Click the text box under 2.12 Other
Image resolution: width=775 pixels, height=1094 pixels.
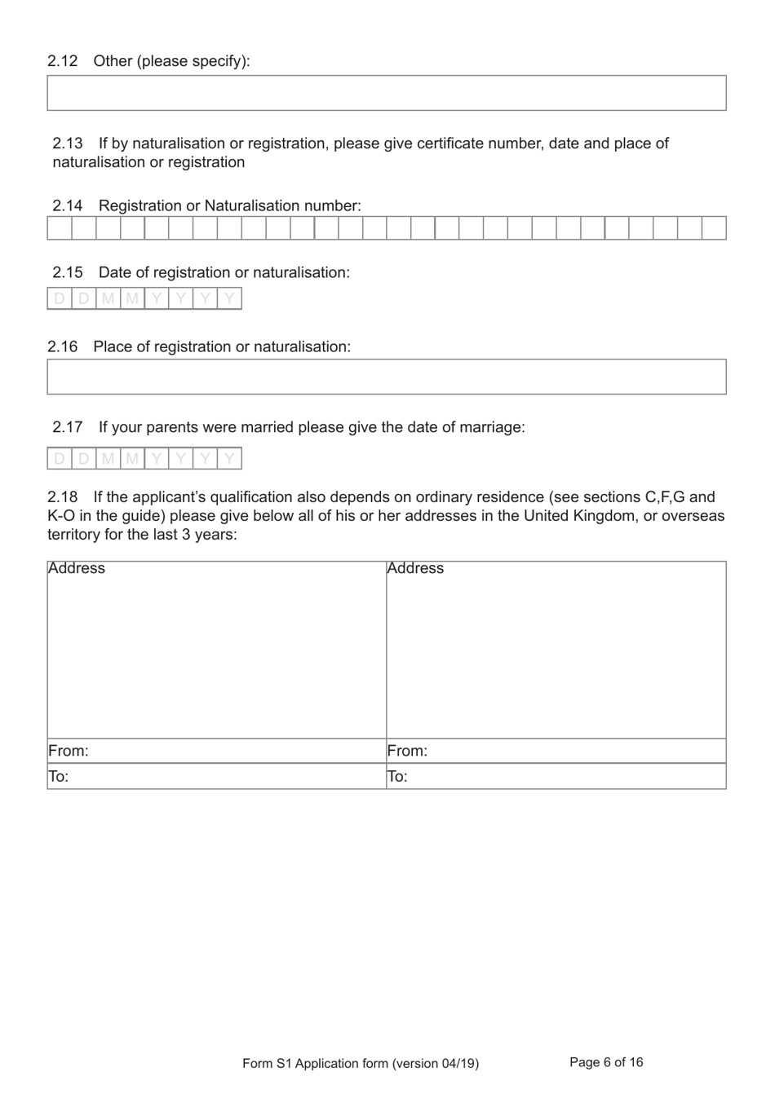386,93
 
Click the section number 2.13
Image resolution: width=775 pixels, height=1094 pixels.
68,143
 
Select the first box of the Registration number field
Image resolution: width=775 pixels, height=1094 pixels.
60,228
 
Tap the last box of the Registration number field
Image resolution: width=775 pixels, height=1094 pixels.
714,228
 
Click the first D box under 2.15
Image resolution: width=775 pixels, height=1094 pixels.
60,299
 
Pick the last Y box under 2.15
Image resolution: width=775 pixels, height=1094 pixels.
229,299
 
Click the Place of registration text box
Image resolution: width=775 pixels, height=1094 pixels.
386,377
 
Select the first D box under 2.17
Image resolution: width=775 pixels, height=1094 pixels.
60,459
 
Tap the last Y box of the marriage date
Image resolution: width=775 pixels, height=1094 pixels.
229,459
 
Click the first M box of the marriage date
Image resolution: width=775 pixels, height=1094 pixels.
108,459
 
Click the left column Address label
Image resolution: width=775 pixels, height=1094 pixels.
77,568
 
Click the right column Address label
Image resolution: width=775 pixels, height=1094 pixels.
415,568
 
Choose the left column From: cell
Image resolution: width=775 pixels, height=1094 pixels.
216,751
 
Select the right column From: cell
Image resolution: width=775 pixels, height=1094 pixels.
556,751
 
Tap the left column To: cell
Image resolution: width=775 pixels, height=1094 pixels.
216,776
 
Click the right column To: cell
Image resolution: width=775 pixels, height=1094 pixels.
556,776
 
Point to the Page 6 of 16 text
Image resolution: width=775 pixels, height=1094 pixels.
606,1062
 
